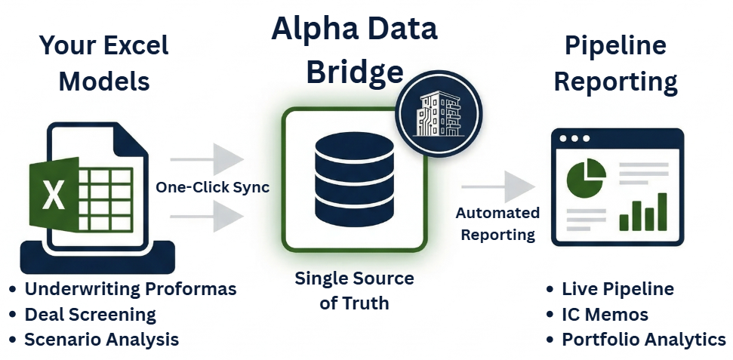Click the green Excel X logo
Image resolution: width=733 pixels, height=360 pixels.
(x=54, y=195)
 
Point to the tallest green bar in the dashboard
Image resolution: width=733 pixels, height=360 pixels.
(x=662, y=211)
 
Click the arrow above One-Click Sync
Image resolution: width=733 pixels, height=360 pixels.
(x=208, y=159)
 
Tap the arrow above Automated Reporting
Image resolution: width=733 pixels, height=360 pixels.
(x=497, y=186)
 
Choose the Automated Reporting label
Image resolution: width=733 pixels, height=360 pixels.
(x=497, y=224)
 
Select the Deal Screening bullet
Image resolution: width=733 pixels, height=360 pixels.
(x=90, y=314)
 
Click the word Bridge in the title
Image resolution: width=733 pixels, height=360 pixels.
(x=354, y=72)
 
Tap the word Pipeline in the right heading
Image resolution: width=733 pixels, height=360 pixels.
(x=615, y=45)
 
